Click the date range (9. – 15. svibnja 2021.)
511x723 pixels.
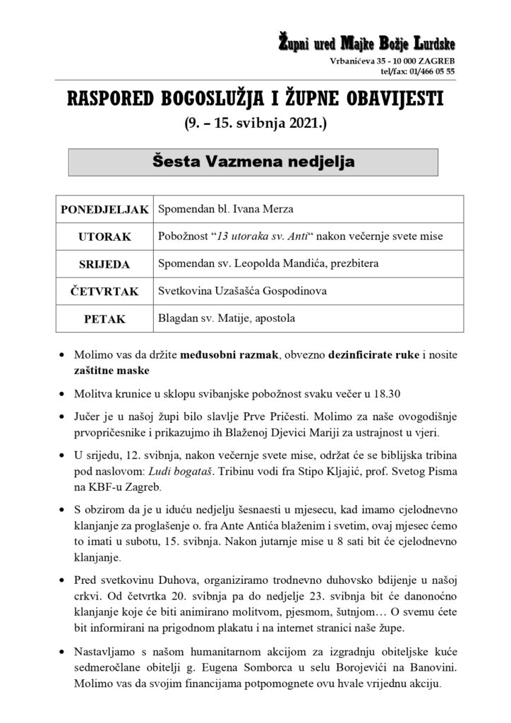[255, 126]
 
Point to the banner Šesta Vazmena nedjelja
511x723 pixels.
[253, 162]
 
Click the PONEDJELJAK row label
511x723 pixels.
[104, 209]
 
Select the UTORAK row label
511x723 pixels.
[104, 237]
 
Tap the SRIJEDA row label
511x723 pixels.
[104, 264]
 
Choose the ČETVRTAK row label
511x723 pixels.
[104, 291]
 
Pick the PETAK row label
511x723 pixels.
[104, 318]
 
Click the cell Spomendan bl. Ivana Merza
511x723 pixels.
[226, 209]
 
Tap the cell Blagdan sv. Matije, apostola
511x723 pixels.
[227, 318]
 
